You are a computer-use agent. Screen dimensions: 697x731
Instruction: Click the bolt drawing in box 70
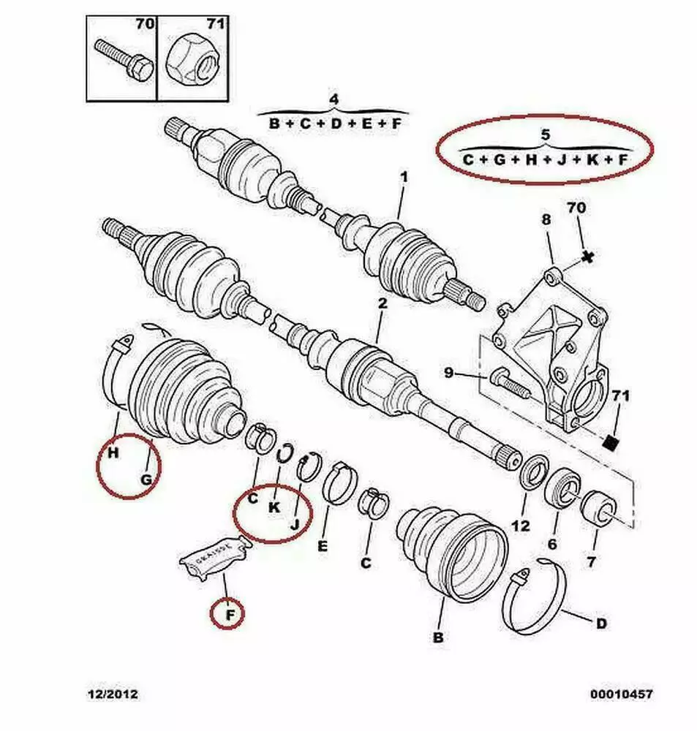(124, 62)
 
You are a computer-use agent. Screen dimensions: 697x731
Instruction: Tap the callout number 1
(404, 178)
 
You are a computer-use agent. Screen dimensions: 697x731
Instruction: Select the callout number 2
(383, 303)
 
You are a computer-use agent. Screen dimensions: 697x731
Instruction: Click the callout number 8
(546, 219)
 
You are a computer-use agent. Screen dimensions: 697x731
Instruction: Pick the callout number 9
(448, 373)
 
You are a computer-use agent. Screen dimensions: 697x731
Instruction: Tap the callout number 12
(521, 526)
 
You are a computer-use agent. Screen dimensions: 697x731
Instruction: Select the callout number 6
(552, 544)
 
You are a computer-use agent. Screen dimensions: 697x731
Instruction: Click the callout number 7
(591, 561)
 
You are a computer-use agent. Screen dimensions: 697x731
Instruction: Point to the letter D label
(601, 624)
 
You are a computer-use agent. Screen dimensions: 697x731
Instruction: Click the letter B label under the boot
(438, 637)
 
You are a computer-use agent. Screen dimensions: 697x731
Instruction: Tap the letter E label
(323, 546)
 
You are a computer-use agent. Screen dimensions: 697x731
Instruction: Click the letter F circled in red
(230, 616)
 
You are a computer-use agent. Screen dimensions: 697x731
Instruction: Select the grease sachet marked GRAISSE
(213, 556)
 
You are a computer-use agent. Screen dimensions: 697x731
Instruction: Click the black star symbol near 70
(588, 257)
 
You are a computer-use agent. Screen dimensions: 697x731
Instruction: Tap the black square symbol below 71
(610, 442)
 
